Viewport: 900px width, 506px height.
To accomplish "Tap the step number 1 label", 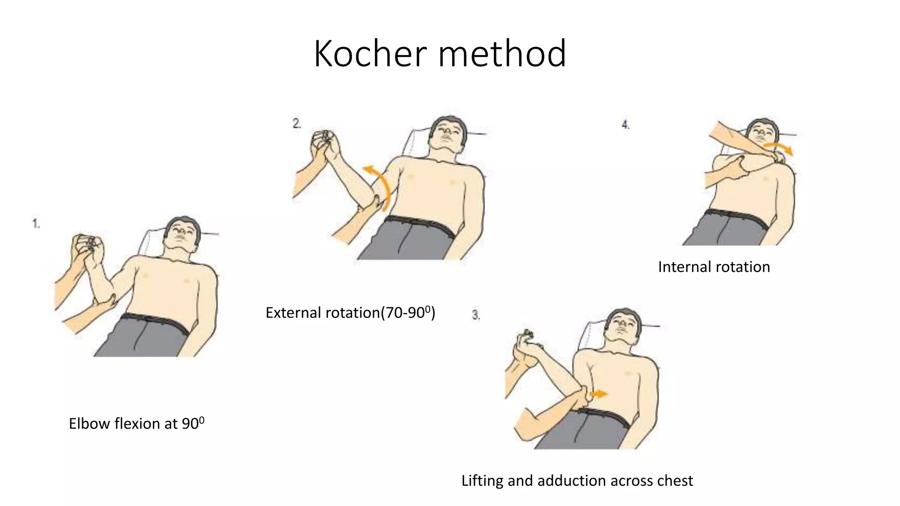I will coord(36,224).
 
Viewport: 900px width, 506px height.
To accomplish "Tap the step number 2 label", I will coord(297,124).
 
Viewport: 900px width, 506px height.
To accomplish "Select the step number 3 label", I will coord(476,315).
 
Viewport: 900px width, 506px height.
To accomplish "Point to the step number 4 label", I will coord(625,125).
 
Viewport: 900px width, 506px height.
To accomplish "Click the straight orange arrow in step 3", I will coord(598,394).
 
